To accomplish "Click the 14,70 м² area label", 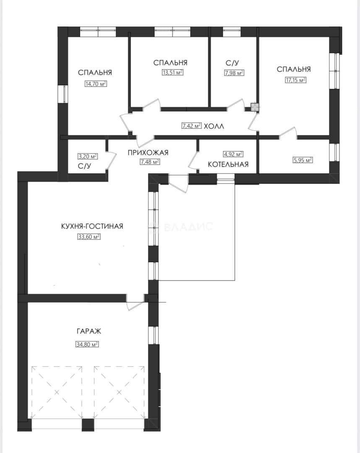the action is (96, 84).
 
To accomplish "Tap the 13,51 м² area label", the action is (172, 72).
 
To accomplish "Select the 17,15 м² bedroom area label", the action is (295, 80).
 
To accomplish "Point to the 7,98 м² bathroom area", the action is (234, 73).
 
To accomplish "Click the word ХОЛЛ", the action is (214, 126).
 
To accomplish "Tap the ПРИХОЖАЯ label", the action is (148, 153).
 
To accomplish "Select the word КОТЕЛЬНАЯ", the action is (228, 164).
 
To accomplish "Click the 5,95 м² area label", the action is (303, 160).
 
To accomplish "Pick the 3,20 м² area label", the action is (88, 156).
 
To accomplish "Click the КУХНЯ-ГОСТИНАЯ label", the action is (92, 226).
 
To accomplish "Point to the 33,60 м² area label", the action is (89, 237).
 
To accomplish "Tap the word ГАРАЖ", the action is (89, 331).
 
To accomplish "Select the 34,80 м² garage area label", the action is (87, 344).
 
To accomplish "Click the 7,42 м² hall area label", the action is (192, 126).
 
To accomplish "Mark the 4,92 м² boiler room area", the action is (233, 154).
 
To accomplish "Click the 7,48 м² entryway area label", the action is (150, 162).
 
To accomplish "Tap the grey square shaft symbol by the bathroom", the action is (255, 107).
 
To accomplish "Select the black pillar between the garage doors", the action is (88, 424).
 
